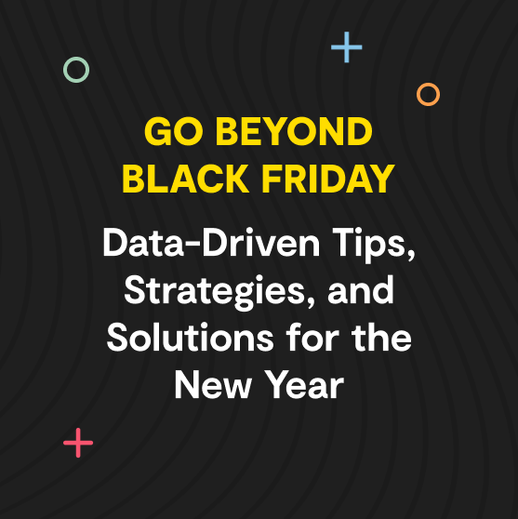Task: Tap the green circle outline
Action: tap(76, 69)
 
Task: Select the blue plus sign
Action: tap(347, 47)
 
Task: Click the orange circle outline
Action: tap(428, 94)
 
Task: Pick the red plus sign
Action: tap(78, 443)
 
